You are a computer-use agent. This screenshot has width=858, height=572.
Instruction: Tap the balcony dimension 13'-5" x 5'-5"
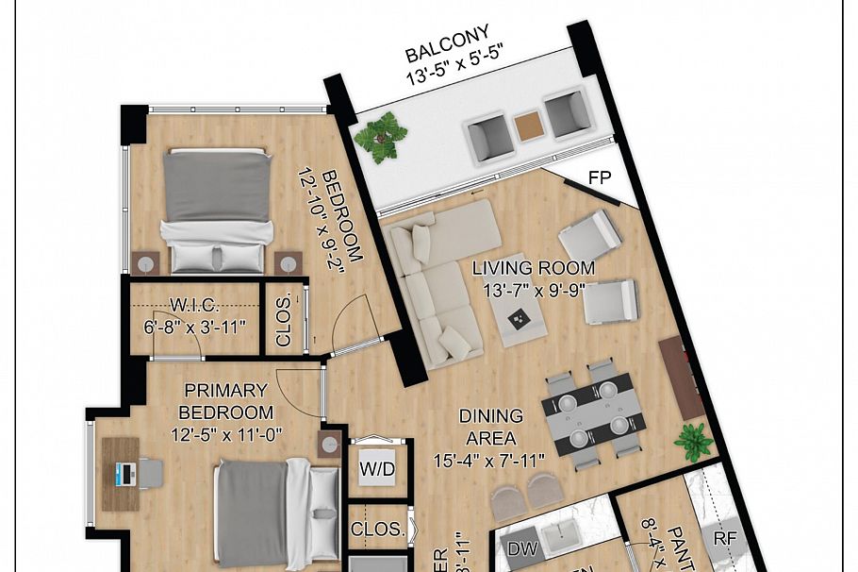[452, 76]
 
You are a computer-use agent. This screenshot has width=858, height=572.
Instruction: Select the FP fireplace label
[600, 177]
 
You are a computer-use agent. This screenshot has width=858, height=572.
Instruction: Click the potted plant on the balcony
[381, 136]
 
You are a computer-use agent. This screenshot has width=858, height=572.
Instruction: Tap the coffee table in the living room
[519, 322]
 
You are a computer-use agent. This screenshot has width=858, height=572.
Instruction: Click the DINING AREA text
[490, 427]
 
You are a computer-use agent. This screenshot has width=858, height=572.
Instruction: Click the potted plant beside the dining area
[694, 440]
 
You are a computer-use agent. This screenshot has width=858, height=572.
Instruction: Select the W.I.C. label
[194, 306]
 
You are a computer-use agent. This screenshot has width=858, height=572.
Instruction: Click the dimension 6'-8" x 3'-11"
[194, 327]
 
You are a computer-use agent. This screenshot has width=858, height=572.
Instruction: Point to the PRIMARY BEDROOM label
[226, 401]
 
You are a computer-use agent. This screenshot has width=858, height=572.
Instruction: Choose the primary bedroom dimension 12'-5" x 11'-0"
[226, 434]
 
